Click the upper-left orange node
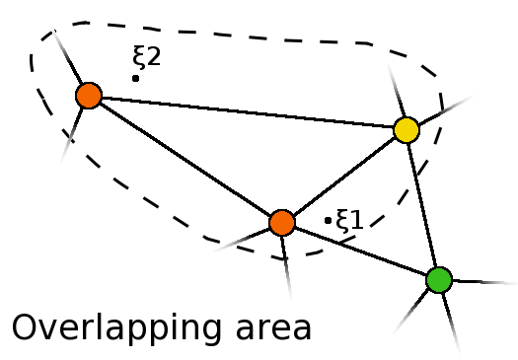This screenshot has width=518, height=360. [89, 96]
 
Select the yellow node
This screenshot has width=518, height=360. [406, 129]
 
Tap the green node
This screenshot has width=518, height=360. [439, 280]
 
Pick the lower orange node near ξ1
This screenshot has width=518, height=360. [282, 222]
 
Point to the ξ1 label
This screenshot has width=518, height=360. [350, 218]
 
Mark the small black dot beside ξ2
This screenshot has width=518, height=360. [135, 77]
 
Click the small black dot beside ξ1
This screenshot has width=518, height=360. [328, 220]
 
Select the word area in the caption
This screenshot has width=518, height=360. [269, 328]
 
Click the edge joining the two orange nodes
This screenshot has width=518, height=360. [185, 159]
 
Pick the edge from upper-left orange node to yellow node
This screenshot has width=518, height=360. [247, 112]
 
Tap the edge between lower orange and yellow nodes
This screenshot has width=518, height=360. [343, 176]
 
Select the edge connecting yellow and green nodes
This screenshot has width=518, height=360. [422, 204]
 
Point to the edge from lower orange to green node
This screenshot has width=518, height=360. [360, 251]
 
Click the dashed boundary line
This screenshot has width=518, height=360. [247, 40]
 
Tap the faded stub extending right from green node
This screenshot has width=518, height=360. [483, 282]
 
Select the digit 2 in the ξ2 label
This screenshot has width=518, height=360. [153, 57]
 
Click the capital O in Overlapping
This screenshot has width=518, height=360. [27, 327]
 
